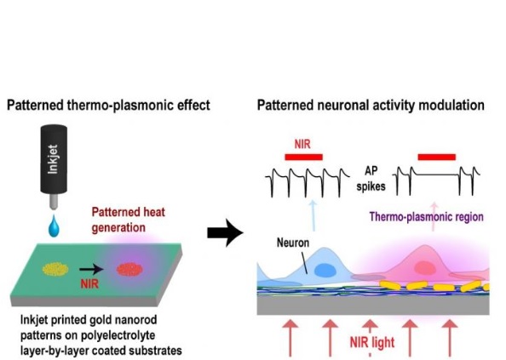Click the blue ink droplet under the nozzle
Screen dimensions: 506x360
click(54, 226)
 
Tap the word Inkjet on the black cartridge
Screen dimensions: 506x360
click(53, 159)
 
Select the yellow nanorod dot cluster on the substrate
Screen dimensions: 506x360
click(55, 269)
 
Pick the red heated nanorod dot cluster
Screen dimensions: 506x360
click(130, 269)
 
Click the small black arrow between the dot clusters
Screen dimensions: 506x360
click(92, 269)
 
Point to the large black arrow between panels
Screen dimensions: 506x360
click(225, 232)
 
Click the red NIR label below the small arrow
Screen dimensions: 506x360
click(89, 283)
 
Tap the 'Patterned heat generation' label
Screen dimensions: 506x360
click(128, 220)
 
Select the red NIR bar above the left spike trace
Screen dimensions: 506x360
click(303, 157)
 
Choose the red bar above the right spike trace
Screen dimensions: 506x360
click(437, 157)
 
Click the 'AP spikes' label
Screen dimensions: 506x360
click(371, 178)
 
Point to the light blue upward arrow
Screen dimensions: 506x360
click(313, 215)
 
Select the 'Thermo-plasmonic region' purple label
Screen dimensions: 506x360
click(426, 216)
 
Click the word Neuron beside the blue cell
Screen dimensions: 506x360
click(293, 243)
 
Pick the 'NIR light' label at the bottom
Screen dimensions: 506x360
click(372, 342)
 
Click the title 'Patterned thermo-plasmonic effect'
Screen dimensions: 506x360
click(108, 106)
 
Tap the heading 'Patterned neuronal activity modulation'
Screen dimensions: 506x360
click(371, 106)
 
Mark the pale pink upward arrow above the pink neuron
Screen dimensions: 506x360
click(434, 216)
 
